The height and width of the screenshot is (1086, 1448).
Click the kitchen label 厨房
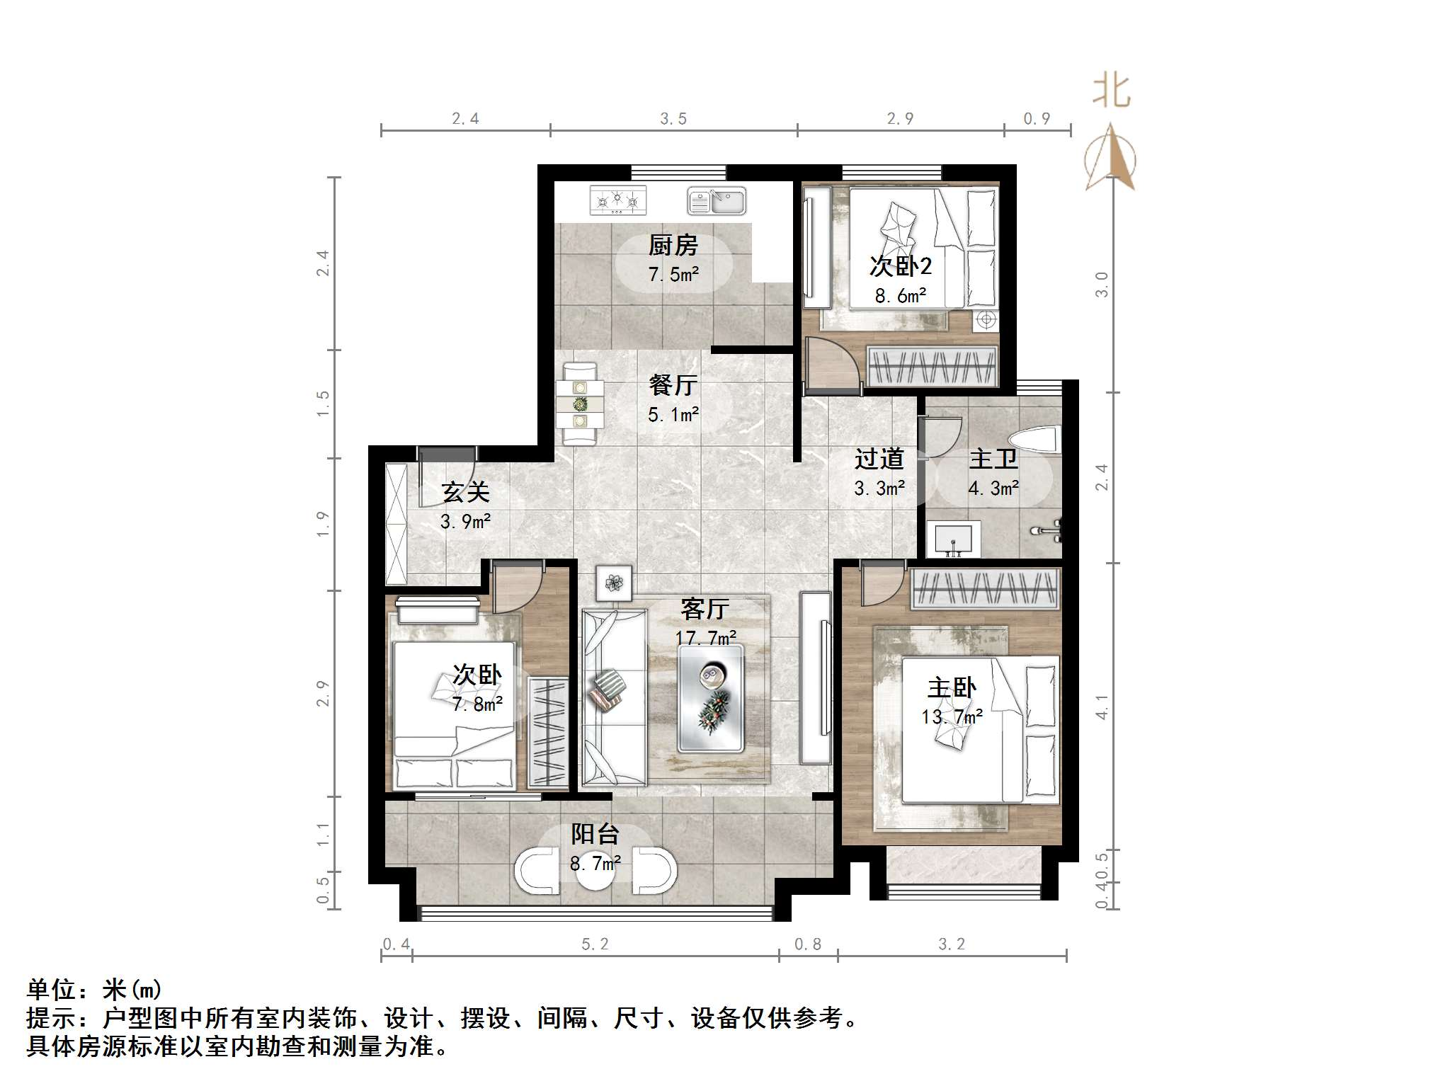(x=673, y=246)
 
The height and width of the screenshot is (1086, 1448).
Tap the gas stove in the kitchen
(x=618, y=200)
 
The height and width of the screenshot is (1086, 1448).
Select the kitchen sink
(x=717, y=201)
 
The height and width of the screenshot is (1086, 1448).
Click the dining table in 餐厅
(x=580, y=404)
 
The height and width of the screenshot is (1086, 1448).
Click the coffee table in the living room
(x=711, y=698)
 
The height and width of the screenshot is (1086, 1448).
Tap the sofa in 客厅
(x=614, y=698)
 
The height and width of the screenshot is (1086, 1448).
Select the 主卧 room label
(x=952, y=687)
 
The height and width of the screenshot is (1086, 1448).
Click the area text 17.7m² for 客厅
(x=705, y=638)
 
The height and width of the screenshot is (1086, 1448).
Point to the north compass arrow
(x=1110, y=156)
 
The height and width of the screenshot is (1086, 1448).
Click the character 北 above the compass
(x=1112, y=91)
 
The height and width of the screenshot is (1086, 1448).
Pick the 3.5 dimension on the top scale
(x=673, y=119)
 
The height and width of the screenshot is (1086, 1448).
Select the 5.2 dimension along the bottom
(x=595, y=944)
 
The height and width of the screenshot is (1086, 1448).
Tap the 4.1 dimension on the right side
(x=1102, y=707)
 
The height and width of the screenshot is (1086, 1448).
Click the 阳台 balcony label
(x=595, y=834)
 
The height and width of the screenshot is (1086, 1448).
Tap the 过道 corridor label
(x=879, y=459)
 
